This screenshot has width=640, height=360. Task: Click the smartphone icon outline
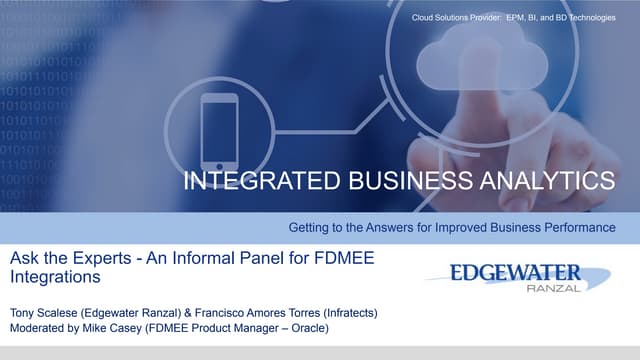point(219,130)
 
